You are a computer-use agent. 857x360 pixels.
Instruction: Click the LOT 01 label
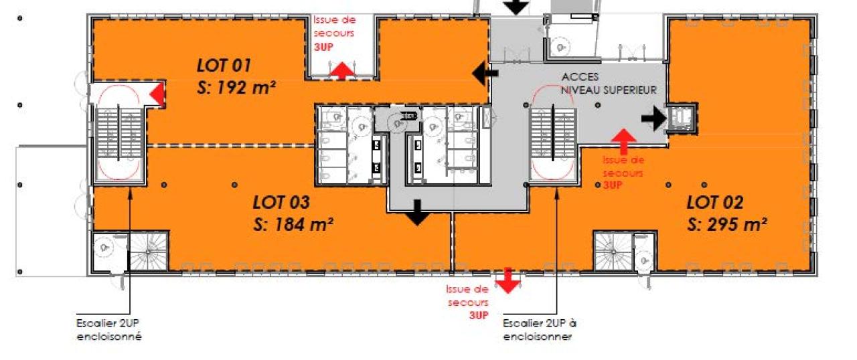point(224,66)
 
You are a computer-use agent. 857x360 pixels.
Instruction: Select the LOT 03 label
point(281,202)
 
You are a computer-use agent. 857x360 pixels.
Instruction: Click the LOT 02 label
point(715,202)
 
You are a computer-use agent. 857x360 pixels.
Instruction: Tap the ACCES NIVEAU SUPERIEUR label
point(609,84)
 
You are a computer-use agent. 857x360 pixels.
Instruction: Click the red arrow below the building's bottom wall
point(508,280)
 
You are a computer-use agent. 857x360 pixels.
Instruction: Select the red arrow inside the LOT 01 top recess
point(343,71)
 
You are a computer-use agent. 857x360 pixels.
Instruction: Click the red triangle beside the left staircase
point(156,94)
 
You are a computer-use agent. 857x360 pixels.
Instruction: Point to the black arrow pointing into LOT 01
point(485,73)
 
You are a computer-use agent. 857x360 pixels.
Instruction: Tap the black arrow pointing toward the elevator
point(654,118)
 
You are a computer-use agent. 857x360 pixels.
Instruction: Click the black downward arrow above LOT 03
point(417,213)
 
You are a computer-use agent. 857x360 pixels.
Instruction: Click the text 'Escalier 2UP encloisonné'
point(109,330)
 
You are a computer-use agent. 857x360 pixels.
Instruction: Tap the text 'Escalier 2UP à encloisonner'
point(540,330)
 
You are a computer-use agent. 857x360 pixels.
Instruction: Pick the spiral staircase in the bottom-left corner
point(148,252)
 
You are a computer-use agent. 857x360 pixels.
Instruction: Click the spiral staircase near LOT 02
point(613,252)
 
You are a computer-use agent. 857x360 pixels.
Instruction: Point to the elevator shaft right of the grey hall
point(682,118)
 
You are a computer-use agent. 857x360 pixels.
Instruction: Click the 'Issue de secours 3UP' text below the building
point(467,302)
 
